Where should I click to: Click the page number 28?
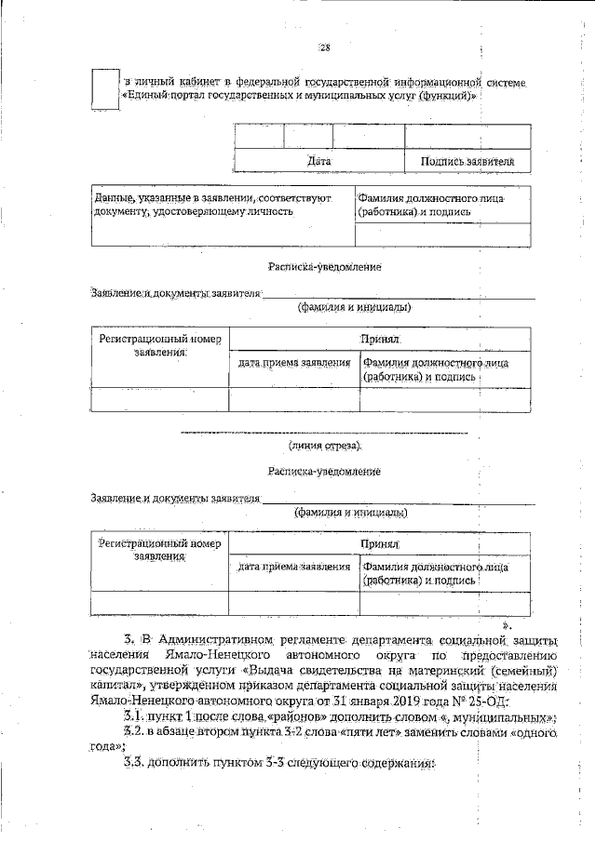click(x=324, y=48)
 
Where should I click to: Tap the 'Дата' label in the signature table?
click(x=319, y=161)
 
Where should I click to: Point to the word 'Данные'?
click(x=115, y=198)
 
